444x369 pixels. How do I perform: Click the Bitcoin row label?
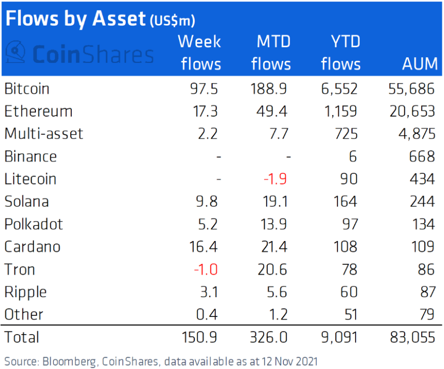tap(27, 88)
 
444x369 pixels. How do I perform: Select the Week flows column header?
tap(200, 53)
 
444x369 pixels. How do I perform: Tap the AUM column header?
tap(420, 63)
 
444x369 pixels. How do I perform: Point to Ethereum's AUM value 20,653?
tap(412, 111)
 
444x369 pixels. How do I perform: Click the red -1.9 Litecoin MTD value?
tap(275, 179)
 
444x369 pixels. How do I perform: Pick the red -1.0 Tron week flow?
tap(205, 269)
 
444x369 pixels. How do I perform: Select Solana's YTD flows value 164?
tap(345, 201)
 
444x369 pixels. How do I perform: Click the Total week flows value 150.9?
tap(199, 337)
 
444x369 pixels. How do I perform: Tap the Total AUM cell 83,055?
tap(412, 337)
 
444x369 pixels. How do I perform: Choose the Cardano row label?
tap(32, 247)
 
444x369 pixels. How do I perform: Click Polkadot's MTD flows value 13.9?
tap(273, 224)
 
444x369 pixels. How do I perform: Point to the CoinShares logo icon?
tap(16, 52)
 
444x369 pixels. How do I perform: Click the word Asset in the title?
tap(119, 18)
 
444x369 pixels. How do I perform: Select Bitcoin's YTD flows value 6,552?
tap(339, 88)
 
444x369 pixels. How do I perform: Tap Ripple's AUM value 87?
tap(427, 292)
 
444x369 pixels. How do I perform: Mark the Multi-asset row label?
tap(44, 134)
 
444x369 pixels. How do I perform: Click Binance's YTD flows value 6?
tap(353, 157)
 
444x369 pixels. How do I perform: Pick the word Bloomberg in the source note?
tap(69, 362)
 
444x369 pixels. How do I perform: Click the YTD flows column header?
tap(341, 53)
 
